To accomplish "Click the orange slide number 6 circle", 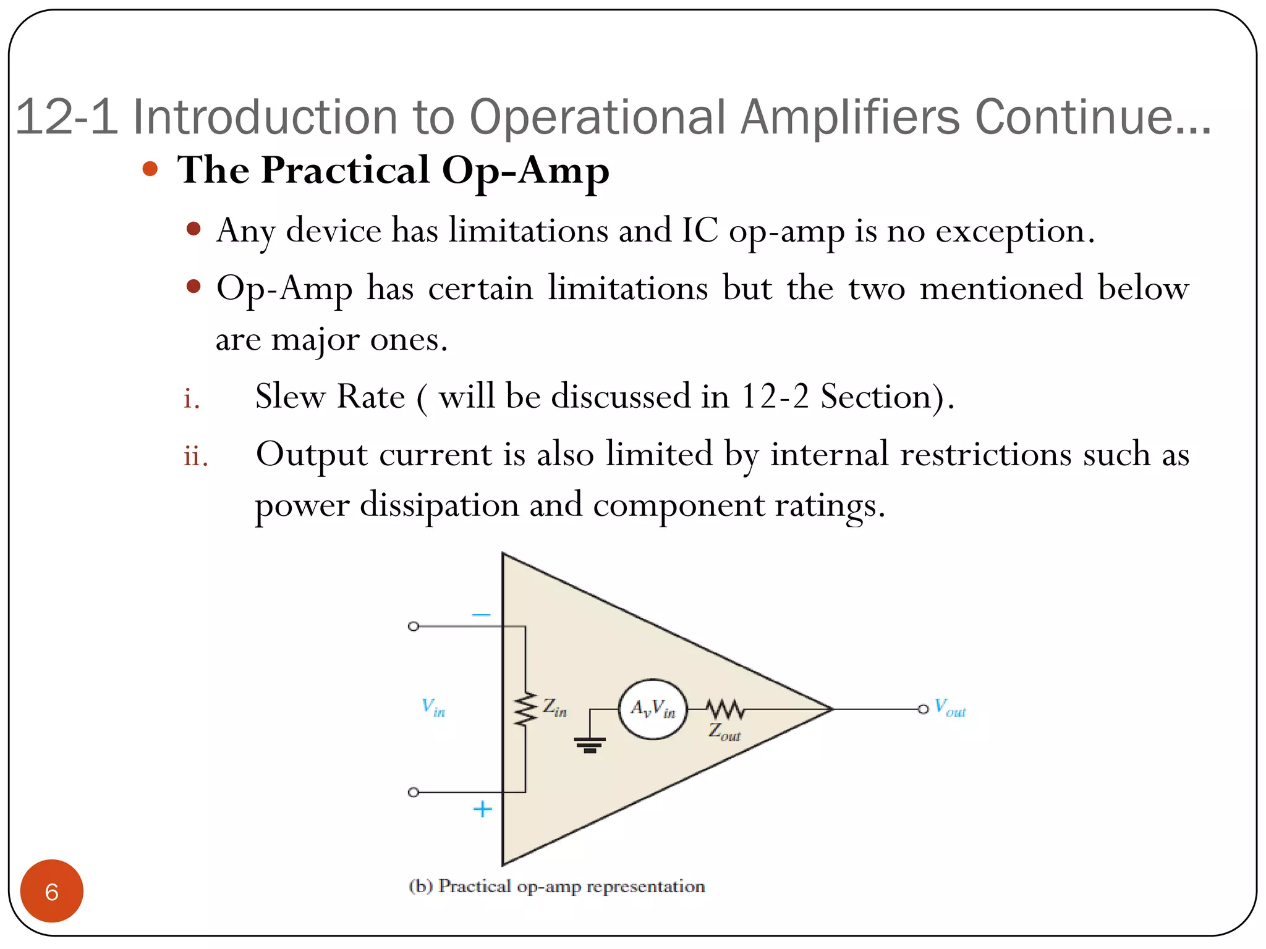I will coord(51,891).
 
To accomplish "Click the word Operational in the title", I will coord(598,117).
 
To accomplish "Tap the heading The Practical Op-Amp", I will coord(393,170).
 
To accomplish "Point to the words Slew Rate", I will coord(329,397).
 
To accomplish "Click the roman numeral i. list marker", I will coord(192,399).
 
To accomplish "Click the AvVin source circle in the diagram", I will coord(653,709).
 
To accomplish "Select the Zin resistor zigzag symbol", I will coord(526,709).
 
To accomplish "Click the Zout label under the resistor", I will coord(724,733).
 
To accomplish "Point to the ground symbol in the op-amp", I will coord(590,744).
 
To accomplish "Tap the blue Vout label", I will coord(949,708).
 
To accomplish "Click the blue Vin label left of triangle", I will coord(433,707).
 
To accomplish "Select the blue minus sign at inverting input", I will coord(481,615).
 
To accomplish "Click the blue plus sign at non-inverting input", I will coord(482,809).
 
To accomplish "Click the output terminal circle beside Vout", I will coord(923,709).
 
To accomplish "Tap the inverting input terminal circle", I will coord(414,626).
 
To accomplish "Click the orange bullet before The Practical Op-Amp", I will coord(150,169).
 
